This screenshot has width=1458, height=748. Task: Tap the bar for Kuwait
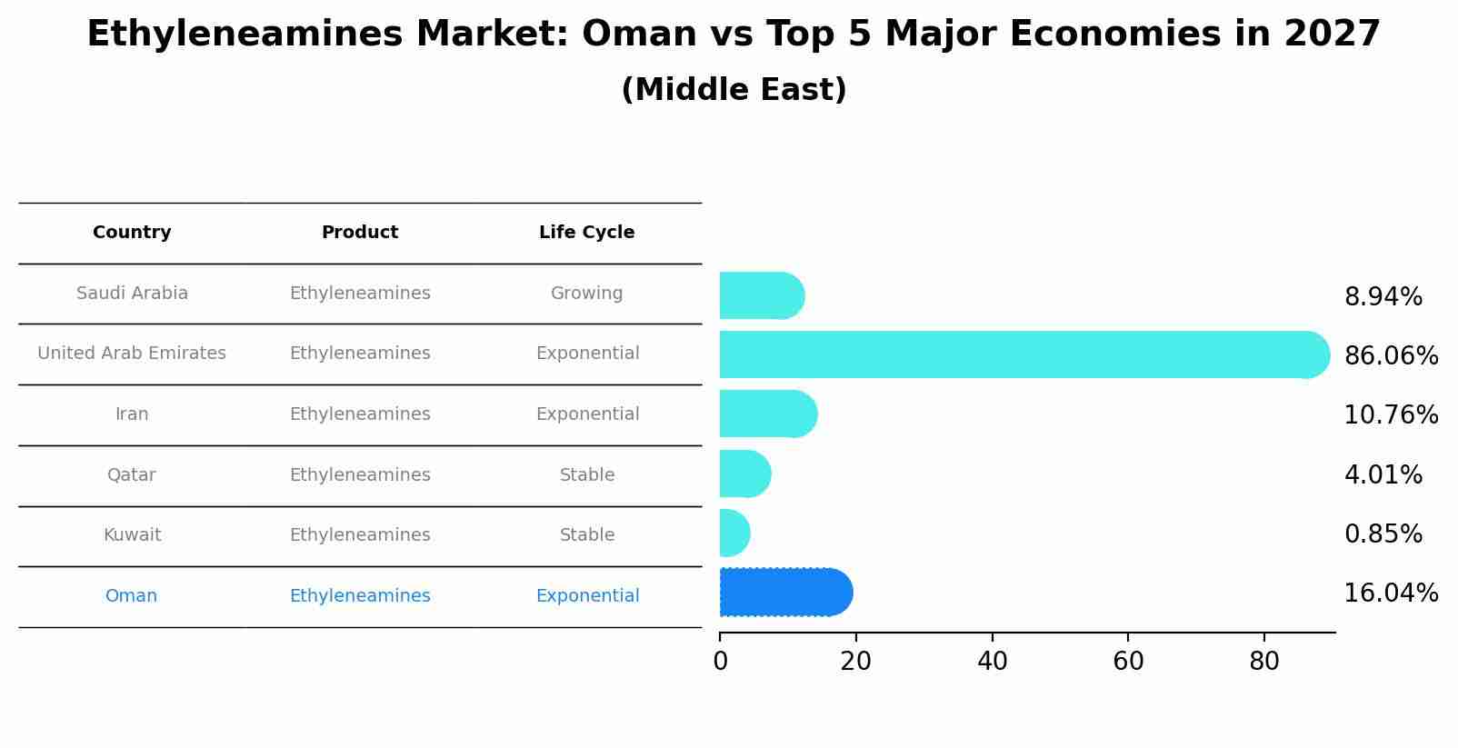pyautogui.click(x=734, y=534)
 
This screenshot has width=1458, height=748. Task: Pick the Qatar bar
pyautogui.click(x=744, y=474)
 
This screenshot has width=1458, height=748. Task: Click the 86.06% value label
pyautogui.click(x=1390, y=356)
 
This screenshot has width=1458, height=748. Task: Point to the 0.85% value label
pyautogui.click(x=1383, y=534)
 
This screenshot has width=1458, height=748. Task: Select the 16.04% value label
pyautogui.click(x=1390, y=593)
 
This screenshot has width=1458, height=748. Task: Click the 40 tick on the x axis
pyautogui.click(x=992, y=662)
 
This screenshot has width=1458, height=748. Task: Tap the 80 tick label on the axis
pyautogui.click(x=1263, y=662)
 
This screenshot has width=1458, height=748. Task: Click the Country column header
pyautogui.click(x=132, y=233)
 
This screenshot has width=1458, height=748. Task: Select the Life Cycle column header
pyautogui.click(x=586, y=233)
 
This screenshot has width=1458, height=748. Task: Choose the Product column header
pyautogui.click(x=360, y=233)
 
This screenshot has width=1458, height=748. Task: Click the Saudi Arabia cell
pyautogui.click(x=132, y=294)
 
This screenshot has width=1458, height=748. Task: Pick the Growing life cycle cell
pyautogui.click(x=586, y=294)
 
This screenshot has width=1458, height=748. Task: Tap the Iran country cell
pyautogui.click(x=132, y=414)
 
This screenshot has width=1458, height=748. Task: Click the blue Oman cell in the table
pyautogui.click(x=131, y=596)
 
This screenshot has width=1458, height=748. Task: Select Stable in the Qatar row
pyautogui.click(x=586, y=475)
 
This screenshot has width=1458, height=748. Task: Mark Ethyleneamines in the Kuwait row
pyautogui.click(x=360, y=535)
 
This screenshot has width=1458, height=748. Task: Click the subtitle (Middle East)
pyautogui.click(x=734, y=90)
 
